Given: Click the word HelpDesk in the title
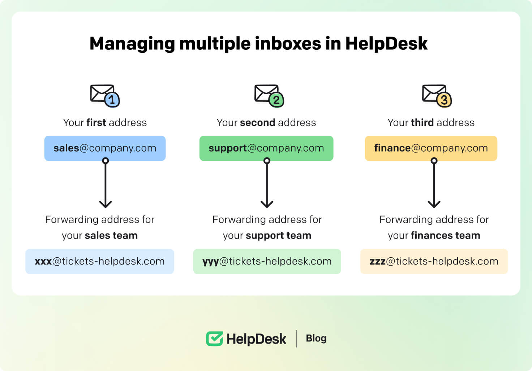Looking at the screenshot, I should pos(386,44).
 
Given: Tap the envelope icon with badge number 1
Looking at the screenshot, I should pos(104,96).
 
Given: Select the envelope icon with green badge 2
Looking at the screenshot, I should pos(269,96).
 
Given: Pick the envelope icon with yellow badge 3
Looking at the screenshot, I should pos(437,96).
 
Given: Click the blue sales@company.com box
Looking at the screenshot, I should pos(105,148).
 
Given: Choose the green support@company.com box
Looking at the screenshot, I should pos(266,148).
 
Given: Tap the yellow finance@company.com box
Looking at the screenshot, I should pos(431,148).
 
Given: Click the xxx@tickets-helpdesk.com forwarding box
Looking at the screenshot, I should pos(100,261).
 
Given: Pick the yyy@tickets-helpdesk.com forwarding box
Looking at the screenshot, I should pos(267,261).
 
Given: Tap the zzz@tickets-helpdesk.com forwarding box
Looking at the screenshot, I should pos(434,261).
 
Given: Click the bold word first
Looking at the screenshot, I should pos(96,123).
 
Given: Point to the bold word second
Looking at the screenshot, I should pos(258,123).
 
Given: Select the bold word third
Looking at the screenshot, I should pos(422,123).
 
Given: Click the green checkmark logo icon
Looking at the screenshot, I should pos(214,339).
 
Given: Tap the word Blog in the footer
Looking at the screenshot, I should pos(316,338).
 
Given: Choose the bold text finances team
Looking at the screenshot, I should pos(445,236).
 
